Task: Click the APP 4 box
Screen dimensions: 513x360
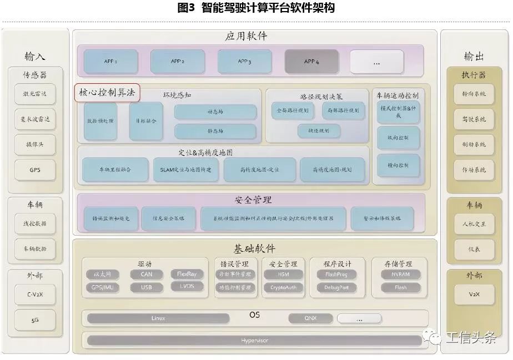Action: (311, 62)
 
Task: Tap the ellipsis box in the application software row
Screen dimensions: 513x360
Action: (376, 62)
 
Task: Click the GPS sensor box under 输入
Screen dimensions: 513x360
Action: (35, 170)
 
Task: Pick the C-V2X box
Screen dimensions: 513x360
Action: (35, 295)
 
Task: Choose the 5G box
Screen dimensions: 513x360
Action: (35, 320)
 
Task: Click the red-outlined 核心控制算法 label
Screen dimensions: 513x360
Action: (107, 93)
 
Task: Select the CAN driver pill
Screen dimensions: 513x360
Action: (147, 274)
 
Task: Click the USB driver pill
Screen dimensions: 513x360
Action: (147, 287)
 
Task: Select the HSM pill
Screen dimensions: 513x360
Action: (284, 274)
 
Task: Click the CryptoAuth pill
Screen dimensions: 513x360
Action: (284, 287)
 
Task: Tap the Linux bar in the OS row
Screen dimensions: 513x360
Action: (158, 318)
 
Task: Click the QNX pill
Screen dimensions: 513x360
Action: (310, 318)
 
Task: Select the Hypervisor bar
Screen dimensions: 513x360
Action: (254, 340)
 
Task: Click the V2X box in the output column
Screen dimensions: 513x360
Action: (474, 294)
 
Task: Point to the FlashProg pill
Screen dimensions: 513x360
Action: (336, 274)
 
